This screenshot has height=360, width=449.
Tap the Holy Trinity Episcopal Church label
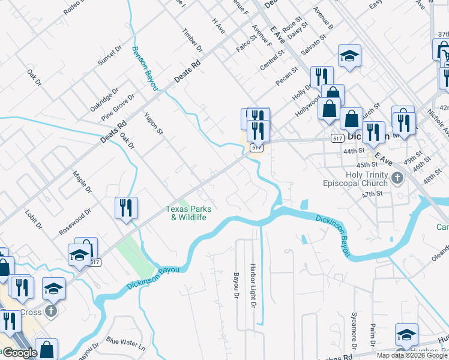coord(356,178)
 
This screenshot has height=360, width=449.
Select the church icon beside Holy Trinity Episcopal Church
coord(397,178)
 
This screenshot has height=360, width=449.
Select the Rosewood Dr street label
coord(74,221)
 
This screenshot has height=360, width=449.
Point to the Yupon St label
coord(153,121)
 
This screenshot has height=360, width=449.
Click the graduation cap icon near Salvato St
coord(349,56)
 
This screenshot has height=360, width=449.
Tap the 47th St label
coord(372,194)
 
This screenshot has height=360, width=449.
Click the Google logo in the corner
coord(20,353)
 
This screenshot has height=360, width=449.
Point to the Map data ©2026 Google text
coord(412,355)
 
